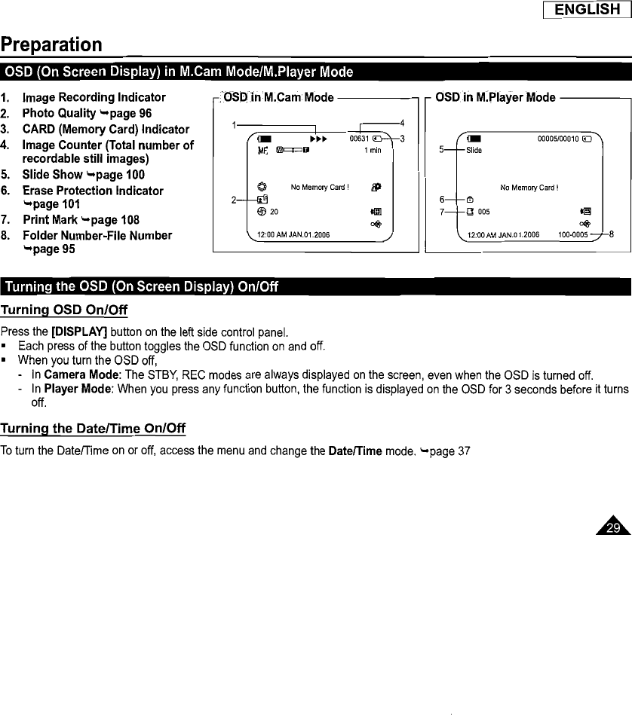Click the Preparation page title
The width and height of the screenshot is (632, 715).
click(x=51, y=44)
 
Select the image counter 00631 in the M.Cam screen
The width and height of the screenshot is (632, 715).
click(x=360, y=139)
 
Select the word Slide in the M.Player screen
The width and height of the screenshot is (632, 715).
click(x=474, y=150)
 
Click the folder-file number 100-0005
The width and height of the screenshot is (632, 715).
click(x=573, y=235)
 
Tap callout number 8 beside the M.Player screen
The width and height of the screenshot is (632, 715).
click(x=612, y=234)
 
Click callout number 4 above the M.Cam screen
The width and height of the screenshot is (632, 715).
click(x=402, y=123)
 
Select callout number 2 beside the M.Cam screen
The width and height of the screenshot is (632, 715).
click(x=235, y=199)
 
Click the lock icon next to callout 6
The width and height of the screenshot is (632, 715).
click(x=470, y=200)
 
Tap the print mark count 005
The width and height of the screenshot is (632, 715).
click(x=484, y=212)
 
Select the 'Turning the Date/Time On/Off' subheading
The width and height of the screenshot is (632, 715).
click(x=93, y=429)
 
